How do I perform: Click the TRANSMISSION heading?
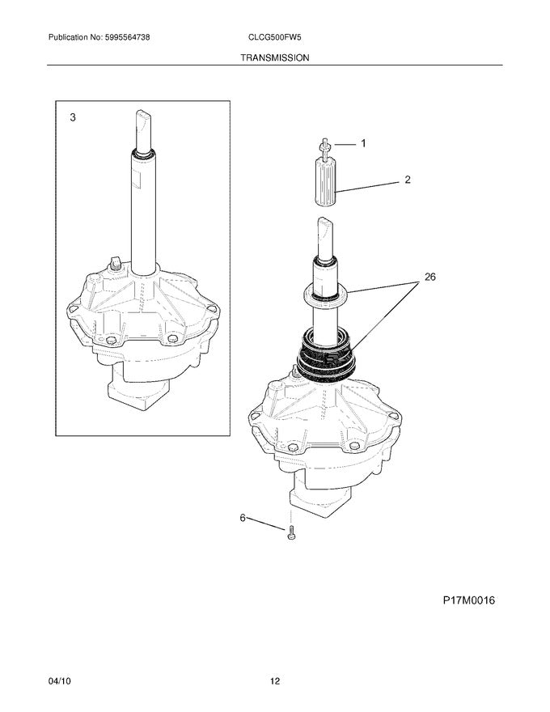tap(275, 58)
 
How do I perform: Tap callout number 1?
tap(363, 143)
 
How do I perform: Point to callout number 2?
tap(408, 180)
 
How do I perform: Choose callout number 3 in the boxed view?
tap(73, 118)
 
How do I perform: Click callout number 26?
tap(429, 277)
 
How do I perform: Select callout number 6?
tap(242, 518)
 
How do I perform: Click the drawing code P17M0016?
tap(468, 600)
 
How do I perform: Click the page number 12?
tap(275, 681)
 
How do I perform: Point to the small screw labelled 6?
tap(290, 530)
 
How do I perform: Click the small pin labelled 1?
tap(324, 146)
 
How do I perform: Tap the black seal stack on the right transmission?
tap(327, 350)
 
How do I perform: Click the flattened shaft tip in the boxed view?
tap(142, 125)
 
